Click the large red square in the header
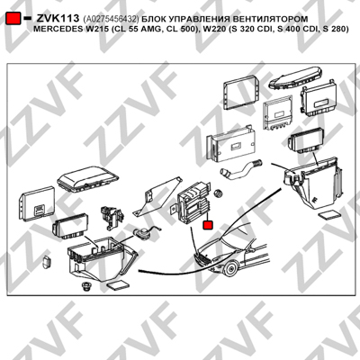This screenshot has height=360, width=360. [13, 19]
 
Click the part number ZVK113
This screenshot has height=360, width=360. [58, 19]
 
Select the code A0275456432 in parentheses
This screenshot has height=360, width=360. [112, 20]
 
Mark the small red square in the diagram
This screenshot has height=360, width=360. [208, 225]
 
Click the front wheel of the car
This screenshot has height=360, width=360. [231, 268]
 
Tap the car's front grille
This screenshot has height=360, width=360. [201, 258]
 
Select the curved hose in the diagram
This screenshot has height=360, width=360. [241, 169]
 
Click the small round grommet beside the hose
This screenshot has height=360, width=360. [220, 193]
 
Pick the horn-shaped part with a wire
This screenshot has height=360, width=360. [143, 232]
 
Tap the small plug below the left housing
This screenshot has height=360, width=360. [86, 286]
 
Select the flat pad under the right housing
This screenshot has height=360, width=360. [329, 215]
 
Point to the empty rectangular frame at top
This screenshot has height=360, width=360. [241, 92]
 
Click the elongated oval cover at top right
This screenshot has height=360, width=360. [295, 77]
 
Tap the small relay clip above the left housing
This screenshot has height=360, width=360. [111, 217]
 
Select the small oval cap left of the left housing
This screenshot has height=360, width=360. [47, 262]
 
